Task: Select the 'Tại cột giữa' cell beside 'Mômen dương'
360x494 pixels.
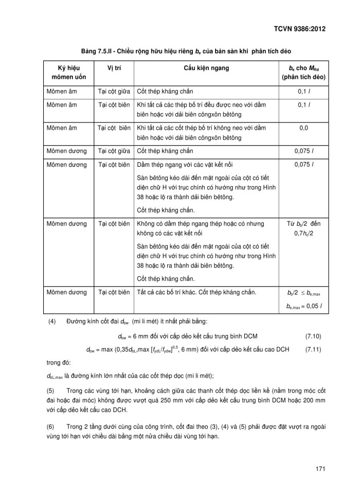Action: [x=113, y=151]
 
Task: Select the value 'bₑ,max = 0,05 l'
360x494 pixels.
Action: [x=303, y=305]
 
